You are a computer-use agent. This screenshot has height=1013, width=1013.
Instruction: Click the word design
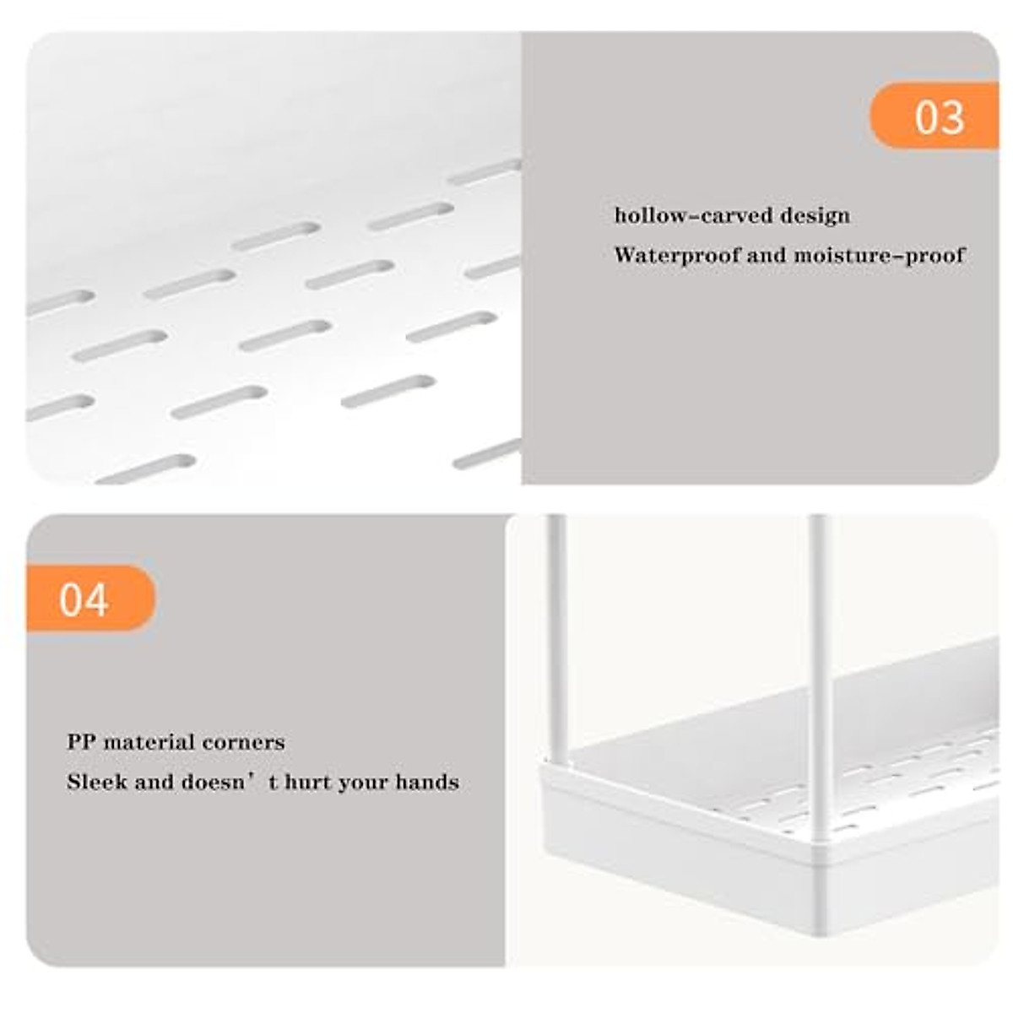point(815,216)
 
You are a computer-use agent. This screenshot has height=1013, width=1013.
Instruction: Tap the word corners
point(246,743)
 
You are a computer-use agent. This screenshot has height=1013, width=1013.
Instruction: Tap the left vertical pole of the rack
point(556,642)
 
